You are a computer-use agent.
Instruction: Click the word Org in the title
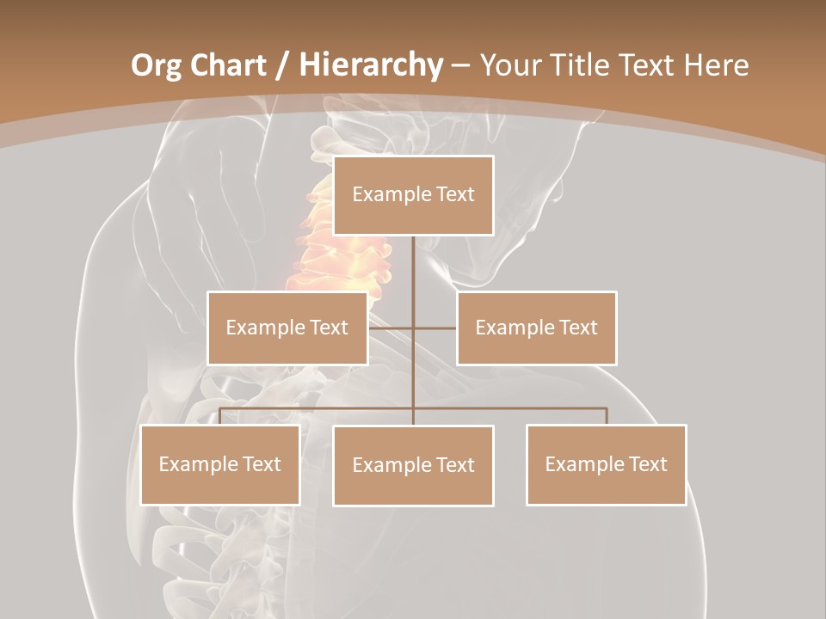tap(156, 64)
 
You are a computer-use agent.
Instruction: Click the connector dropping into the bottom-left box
tap(220, 416)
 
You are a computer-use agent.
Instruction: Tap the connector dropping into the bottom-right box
tap(607, 416)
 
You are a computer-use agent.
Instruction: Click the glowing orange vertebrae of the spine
tap(331, 249)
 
